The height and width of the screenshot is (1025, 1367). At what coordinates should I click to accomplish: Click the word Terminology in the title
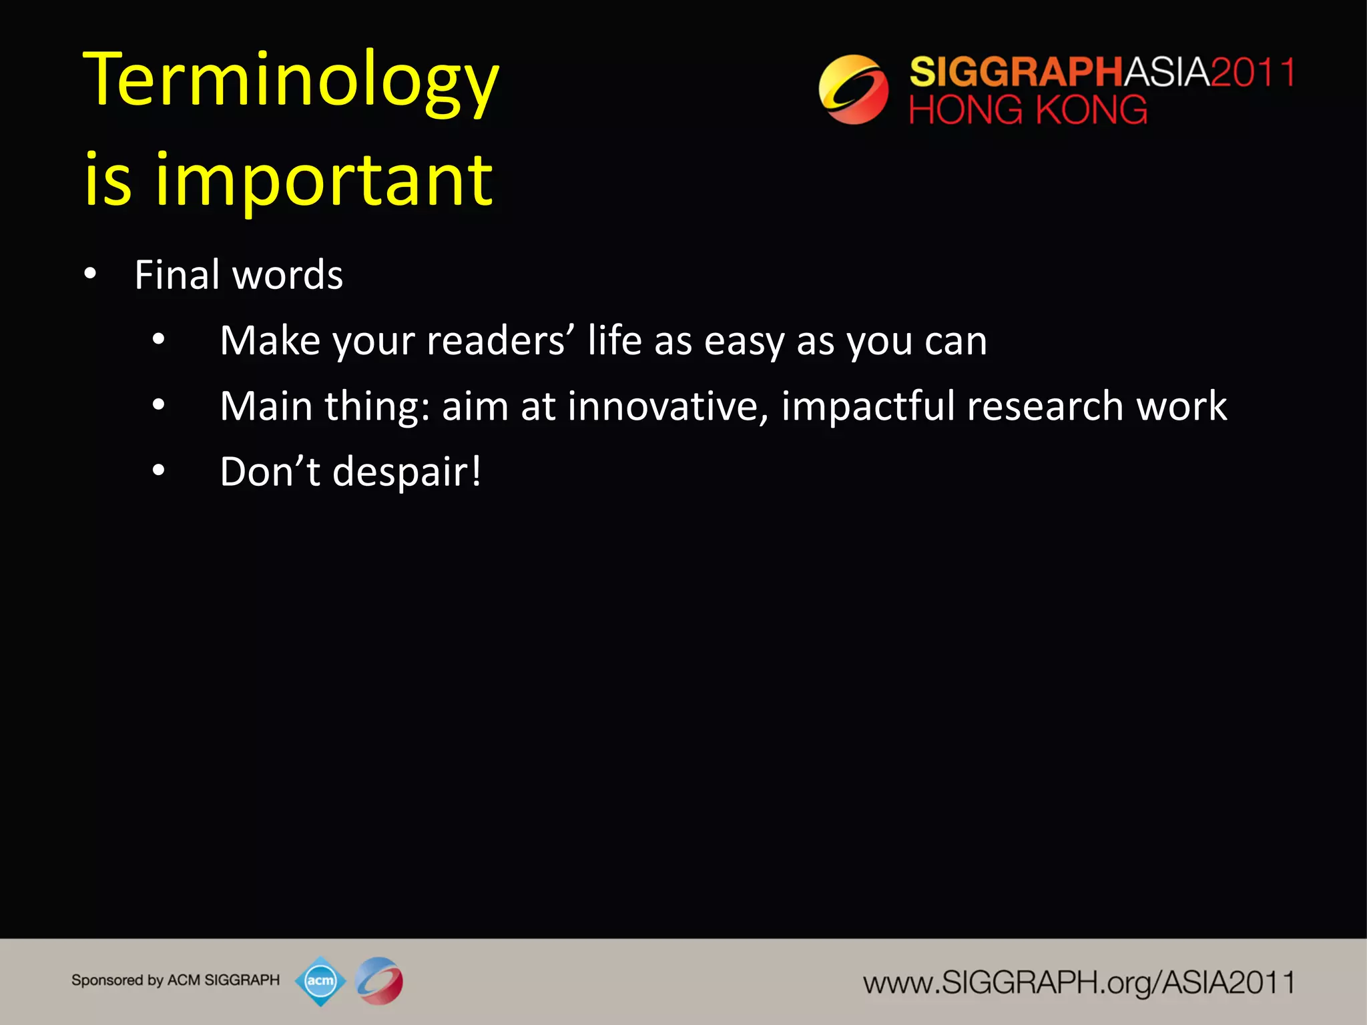[x=291, y=81]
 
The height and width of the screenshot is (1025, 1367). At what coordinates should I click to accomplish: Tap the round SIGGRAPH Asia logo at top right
[x=853, y=89]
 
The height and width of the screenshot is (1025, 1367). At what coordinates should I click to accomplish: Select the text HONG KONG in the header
[x=1028, y=110]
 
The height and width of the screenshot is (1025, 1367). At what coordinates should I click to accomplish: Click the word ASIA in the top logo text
[x=1167, y=72]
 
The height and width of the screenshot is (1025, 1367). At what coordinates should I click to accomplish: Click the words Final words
[x=238, y=274]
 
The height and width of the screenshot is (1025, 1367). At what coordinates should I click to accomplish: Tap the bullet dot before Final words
[x=90, y=274]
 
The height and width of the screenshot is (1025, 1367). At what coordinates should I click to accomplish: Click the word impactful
[x=868, y=406]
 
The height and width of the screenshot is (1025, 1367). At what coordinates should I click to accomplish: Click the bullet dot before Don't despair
[x=158, y=471]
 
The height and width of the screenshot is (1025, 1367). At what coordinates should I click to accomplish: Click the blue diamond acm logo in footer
[x=320, y=980]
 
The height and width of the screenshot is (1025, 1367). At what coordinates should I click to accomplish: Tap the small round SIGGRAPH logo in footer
[x=379, y=980]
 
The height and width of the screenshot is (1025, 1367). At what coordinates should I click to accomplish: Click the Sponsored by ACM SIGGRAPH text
[x=176, y=980]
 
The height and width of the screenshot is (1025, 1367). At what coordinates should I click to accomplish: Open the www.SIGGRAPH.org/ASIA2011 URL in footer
[x=1078, y=983]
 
